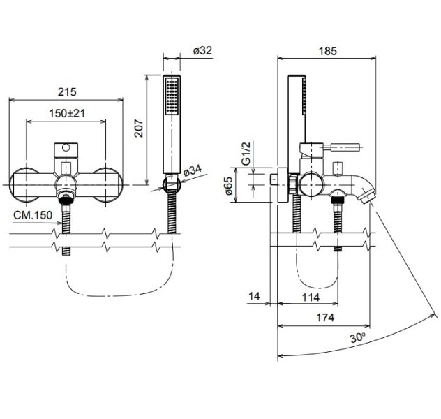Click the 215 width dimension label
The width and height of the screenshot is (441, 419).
[x=67, y=92]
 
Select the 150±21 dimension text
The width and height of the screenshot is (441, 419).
[x=67, y=114]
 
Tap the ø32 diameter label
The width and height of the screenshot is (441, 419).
[x=202, y=51]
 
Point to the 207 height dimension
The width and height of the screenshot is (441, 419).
[x=139, y=128]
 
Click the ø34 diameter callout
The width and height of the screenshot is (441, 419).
[x=193, y=170]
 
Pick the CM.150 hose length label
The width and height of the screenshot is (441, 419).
[x=33, y=215]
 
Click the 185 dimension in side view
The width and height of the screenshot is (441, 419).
[x=327, y=51]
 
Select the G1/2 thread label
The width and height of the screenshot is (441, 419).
[x=246, y=154]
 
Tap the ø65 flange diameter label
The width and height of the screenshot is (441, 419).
[x=228, y=186]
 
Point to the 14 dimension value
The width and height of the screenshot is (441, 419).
[x=254, y=296]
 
